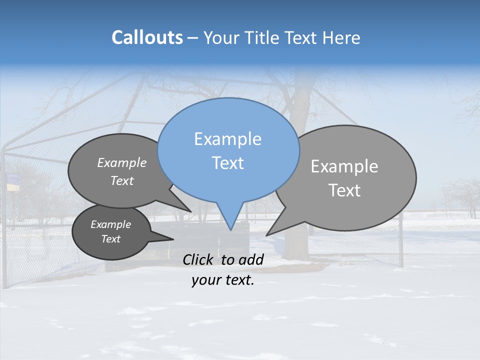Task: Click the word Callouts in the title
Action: pyautogui.click(x=147, y=37)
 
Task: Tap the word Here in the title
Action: pyautogui.click(x=341, y=37)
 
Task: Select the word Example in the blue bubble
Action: pyautogui.click(x=227, y=139)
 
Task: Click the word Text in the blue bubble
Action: pyautogui.click(x=227, y=163)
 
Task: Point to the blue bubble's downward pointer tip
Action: pyautogui.click(x=230, y=229)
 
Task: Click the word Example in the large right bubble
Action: pyautogui.click(x=344, y=166)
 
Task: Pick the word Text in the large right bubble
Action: pyautogui.click(x=344, y=190)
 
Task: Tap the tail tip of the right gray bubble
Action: pyautogui.click(x=267, y=234)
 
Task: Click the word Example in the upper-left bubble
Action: pyautogui.click(x=122, y=162)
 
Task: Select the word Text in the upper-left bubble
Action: pyautogui.click(x=122, y=180)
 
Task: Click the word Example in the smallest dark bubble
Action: pyautogui.click(x=110, y=224)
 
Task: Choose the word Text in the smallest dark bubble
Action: pyautogui.click(x=110, y=239)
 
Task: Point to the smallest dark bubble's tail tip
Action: pyautogui.click(x=173, y=239)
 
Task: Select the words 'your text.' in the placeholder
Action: pyautogui.click(x=223, y=280)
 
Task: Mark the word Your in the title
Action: pyautogui.click(x=221, y=37)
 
